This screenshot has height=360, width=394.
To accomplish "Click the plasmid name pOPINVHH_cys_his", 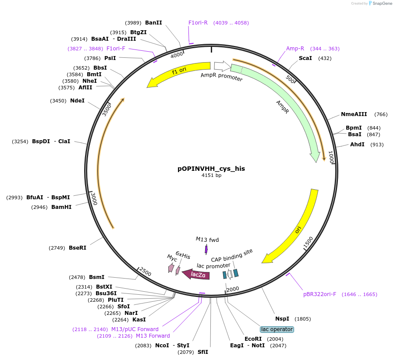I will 211,168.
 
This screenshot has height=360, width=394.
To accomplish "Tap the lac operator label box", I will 277,329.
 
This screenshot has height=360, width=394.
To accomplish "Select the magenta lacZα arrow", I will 196,275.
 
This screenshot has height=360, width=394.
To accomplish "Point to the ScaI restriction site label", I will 305,58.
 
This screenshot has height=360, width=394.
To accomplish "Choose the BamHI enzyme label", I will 61,207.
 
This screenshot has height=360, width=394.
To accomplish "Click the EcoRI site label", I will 253,339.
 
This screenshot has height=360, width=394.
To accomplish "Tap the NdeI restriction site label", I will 77,101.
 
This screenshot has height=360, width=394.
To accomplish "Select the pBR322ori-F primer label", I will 319,294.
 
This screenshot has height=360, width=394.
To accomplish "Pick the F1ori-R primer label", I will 198,23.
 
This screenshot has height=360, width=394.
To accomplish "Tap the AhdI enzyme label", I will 357,145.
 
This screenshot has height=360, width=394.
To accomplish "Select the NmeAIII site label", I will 354,114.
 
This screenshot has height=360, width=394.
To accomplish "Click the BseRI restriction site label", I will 78,248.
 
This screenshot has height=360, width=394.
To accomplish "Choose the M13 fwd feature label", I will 207,240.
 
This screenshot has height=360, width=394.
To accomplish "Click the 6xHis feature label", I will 183,256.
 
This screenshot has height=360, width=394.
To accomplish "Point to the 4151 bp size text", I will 211,175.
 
